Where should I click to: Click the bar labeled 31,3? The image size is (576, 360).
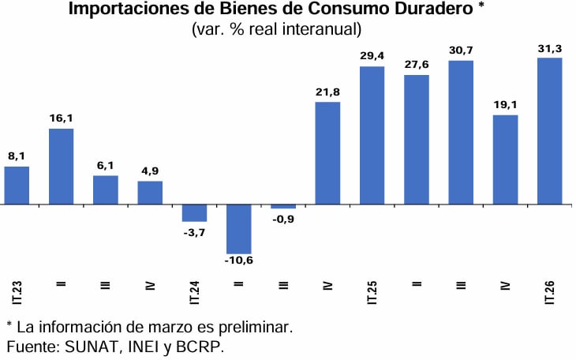(549, 131)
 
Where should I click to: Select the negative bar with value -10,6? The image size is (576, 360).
(238, 229)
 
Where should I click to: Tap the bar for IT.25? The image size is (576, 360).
(372, 135)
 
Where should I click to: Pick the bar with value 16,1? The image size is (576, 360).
(61, 167)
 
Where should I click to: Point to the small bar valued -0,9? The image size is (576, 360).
(283, 207)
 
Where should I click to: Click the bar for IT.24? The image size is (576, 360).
(194, 213)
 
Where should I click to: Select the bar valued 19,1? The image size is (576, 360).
(505, 159)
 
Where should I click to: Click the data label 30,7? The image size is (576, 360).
(461, 51)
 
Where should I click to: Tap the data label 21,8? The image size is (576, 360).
(327, 92)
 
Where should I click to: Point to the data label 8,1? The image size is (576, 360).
(17, 156)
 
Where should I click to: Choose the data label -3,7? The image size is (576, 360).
(194, 231)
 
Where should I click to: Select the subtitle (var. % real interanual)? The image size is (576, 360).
(276, 30)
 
